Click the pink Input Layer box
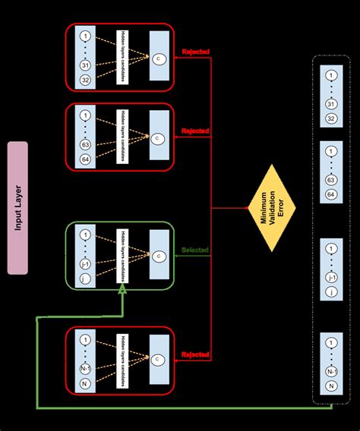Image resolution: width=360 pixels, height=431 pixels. pos(17,206)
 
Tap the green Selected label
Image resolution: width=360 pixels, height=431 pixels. pos(195,250)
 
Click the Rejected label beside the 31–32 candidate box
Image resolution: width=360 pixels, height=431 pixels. pos(195,52)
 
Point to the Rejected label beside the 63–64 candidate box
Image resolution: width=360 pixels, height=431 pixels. pos(195,131)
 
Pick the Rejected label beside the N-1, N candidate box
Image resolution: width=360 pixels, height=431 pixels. pos(195,354)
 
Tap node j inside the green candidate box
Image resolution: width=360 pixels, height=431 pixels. pos(85,279)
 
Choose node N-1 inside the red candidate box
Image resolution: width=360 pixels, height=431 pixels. pos(85,371)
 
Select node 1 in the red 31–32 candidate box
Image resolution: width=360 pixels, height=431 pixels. pos(85,36)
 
